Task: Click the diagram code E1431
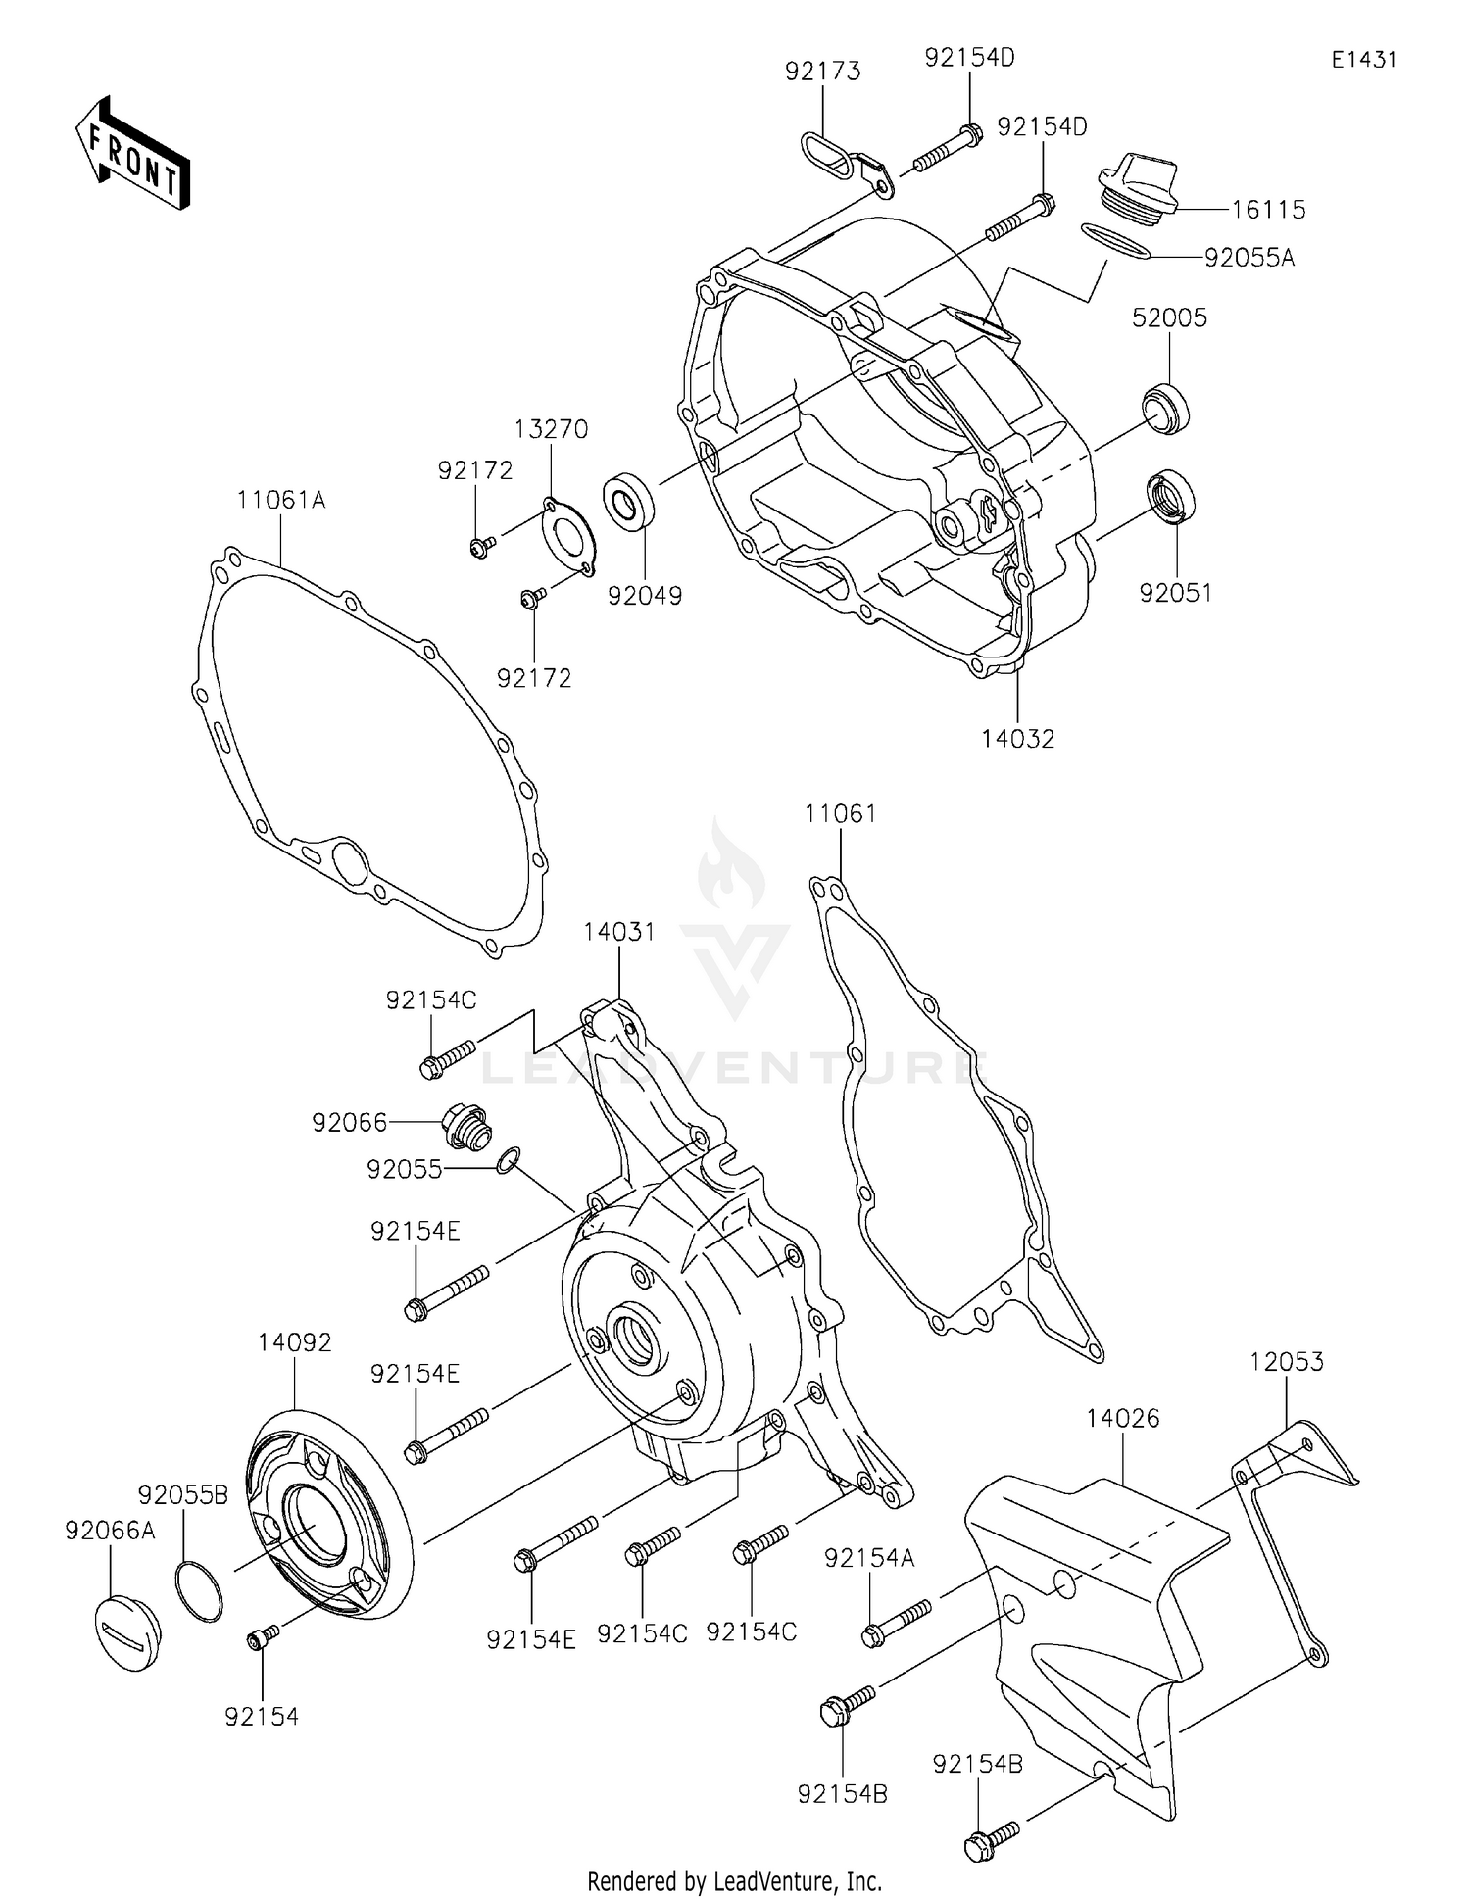1363,60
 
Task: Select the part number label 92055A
1249,258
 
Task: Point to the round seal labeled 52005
1166,407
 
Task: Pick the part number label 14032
1017,739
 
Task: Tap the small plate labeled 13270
567,538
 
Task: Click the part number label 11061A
280,500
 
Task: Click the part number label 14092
295,1342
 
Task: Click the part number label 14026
1122,1418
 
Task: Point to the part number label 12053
1286,1361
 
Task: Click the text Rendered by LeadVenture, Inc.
734,1880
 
